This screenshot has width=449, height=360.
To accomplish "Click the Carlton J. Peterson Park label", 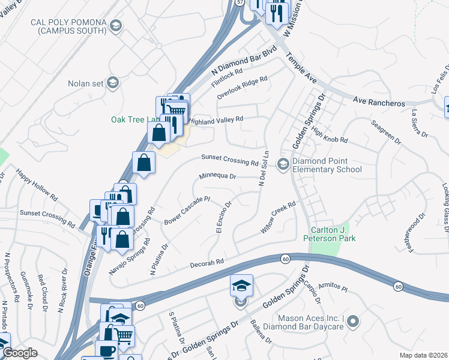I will click(333, 234).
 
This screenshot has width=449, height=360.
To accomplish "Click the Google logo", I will click(20, 353).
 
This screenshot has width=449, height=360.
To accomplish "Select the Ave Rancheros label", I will click(379, 103).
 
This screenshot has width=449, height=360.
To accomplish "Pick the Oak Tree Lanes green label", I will click(129, 119).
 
